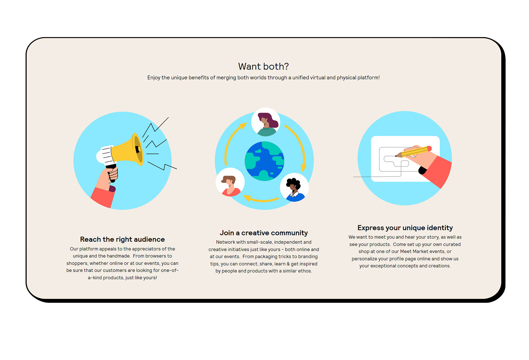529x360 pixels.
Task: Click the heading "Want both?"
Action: [x=263, y=67]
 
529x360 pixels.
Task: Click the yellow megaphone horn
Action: [x=127, y=150]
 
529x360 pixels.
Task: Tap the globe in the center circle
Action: [x=264, y=161]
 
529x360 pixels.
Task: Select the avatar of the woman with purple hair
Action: [x=266, y=122]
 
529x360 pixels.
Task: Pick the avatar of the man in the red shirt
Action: [x=230, y=182]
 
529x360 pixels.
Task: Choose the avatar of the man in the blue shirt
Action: [x=294, y=188]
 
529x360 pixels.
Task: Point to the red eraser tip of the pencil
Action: [x=429, y=148]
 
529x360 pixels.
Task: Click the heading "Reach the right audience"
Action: [x=122, y=239]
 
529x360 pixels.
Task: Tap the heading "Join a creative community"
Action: [x=264, y=233]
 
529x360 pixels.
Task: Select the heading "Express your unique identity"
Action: [x=405, y=228]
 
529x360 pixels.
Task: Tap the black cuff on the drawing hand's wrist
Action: [x=422, y=170]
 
